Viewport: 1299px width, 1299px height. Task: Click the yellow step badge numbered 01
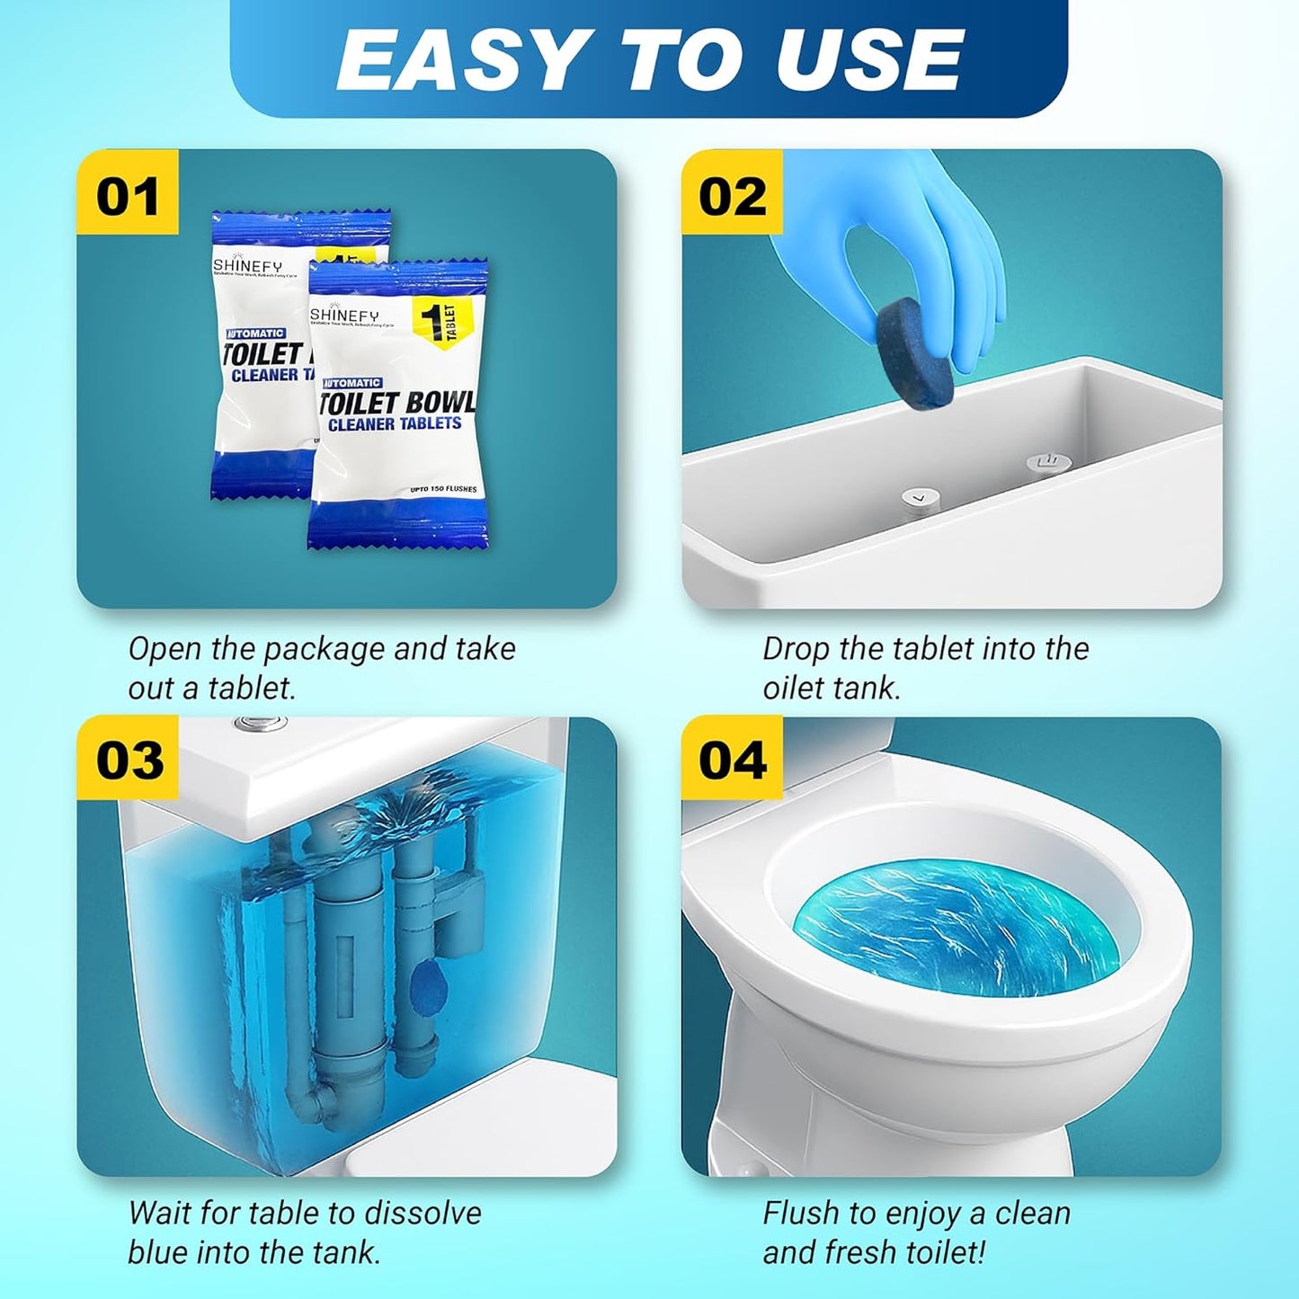click(x=128, y=195)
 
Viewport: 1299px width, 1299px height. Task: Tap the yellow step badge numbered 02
click(x=732, y=195)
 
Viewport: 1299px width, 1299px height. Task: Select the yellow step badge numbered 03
click(x=129, y=760)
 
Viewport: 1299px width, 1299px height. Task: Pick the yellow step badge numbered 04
click(x=732, y=760)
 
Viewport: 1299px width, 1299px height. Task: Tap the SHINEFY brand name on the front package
click(x=345, y=315)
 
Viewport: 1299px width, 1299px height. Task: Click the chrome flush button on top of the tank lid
click(x=262, y=724)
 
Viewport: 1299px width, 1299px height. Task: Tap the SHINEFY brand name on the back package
click(x=247, y=266)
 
